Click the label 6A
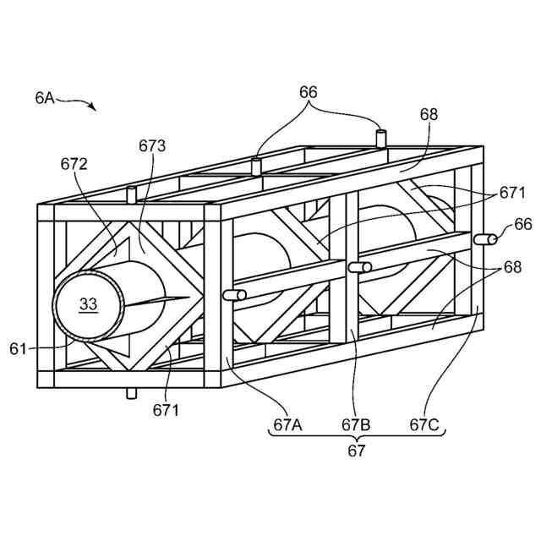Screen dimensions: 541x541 45,98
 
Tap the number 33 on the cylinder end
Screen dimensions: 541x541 89,303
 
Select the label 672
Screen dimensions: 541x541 74,163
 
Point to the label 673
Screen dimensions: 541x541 152,145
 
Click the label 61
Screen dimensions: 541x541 19,347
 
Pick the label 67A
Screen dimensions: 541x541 285,424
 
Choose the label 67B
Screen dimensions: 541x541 356,424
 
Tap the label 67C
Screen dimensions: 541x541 424,424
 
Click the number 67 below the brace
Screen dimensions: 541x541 357,451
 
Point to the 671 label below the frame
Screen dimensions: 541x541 166,410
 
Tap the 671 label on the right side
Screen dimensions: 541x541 512,193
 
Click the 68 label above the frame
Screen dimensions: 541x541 429,113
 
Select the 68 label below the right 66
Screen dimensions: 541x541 512,267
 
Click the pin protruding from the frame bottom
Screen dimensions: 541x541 131,393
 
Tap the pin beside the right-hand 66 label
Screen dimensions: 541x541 485,239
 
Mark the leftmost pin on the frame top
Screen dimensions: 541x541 131,194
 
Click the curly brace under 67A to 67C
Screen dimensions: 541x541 356,437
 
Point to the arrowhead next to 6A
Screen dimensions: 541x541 92,107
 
